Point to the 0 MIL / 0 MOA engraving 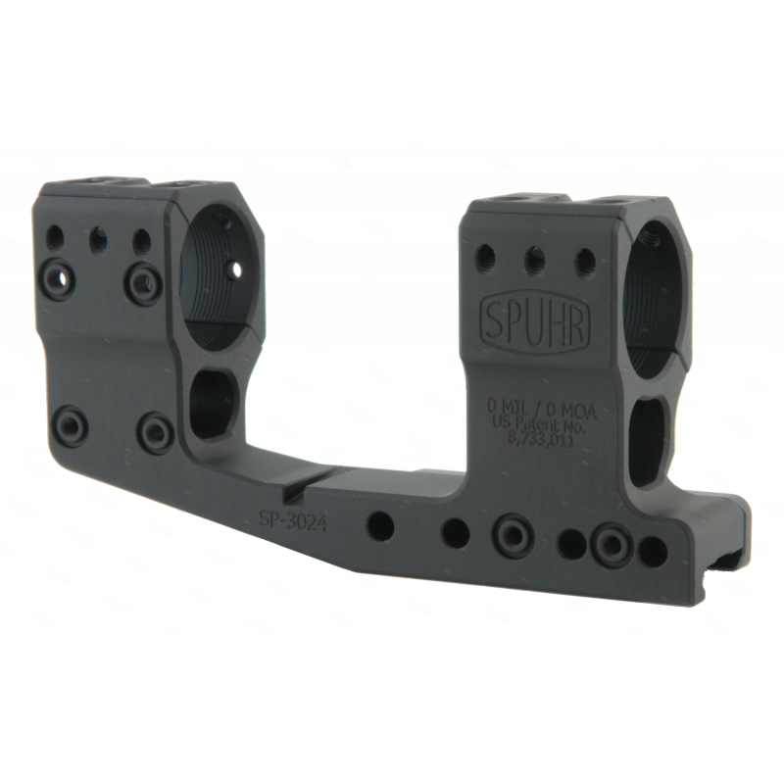click(543, 405)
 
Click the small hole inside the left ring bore click(236, 271)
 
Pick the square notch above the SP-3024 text click(291, 494)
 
